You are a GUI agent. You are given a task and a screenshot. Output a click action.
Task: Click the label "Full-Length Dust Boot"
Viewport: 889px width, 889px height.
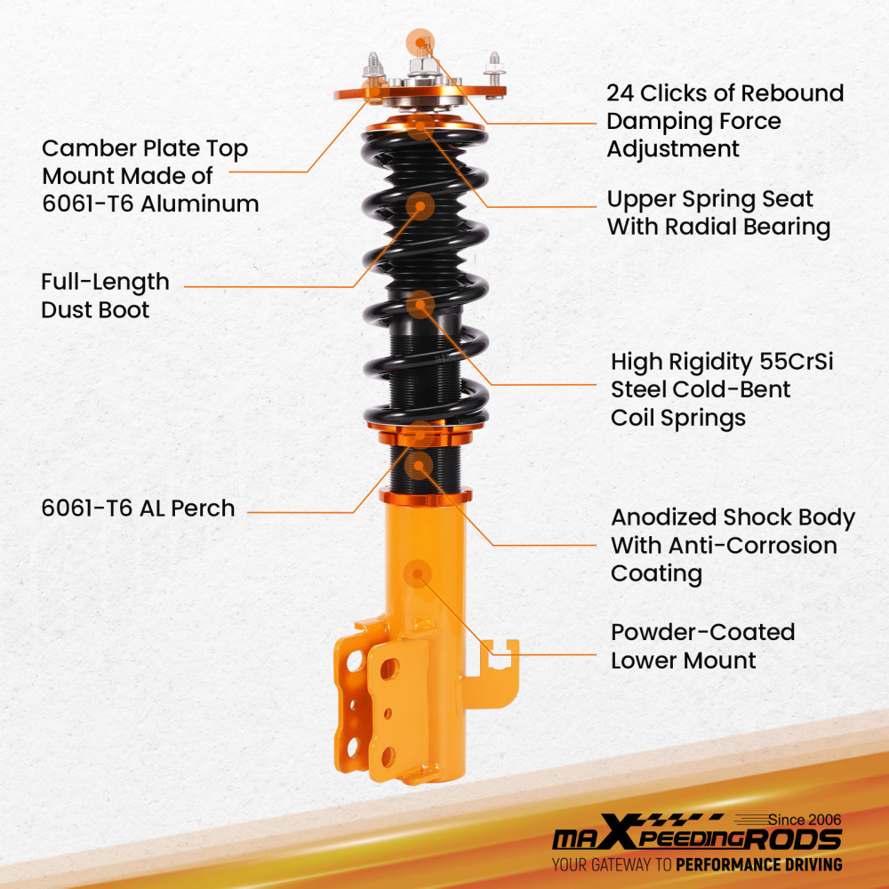(105, 296)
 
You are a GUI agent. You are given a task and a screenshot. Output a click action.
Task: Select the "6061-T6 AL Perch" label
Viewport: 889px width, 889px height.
(138, 509)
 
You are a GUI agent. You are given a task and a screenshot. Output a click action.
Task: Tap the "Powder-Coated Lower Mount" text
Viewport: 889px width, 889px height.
(702, 646)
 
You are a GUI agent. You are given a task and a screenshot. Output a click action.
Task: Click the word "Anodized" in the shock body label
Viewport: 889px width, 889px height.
(663, 517)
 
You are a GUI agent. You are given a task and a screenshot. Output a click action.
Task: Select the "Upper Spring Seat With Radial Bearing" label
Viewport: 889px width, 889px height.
(718, 212)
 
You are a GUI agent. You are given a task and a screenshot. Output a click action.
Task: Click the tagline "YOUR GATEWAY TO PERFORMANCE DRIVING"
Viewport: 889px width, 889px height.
(696, 864)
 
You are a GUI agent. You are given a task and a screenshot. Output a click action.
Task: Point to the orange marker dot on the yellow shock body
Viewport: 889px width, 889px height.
(417, 573)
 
